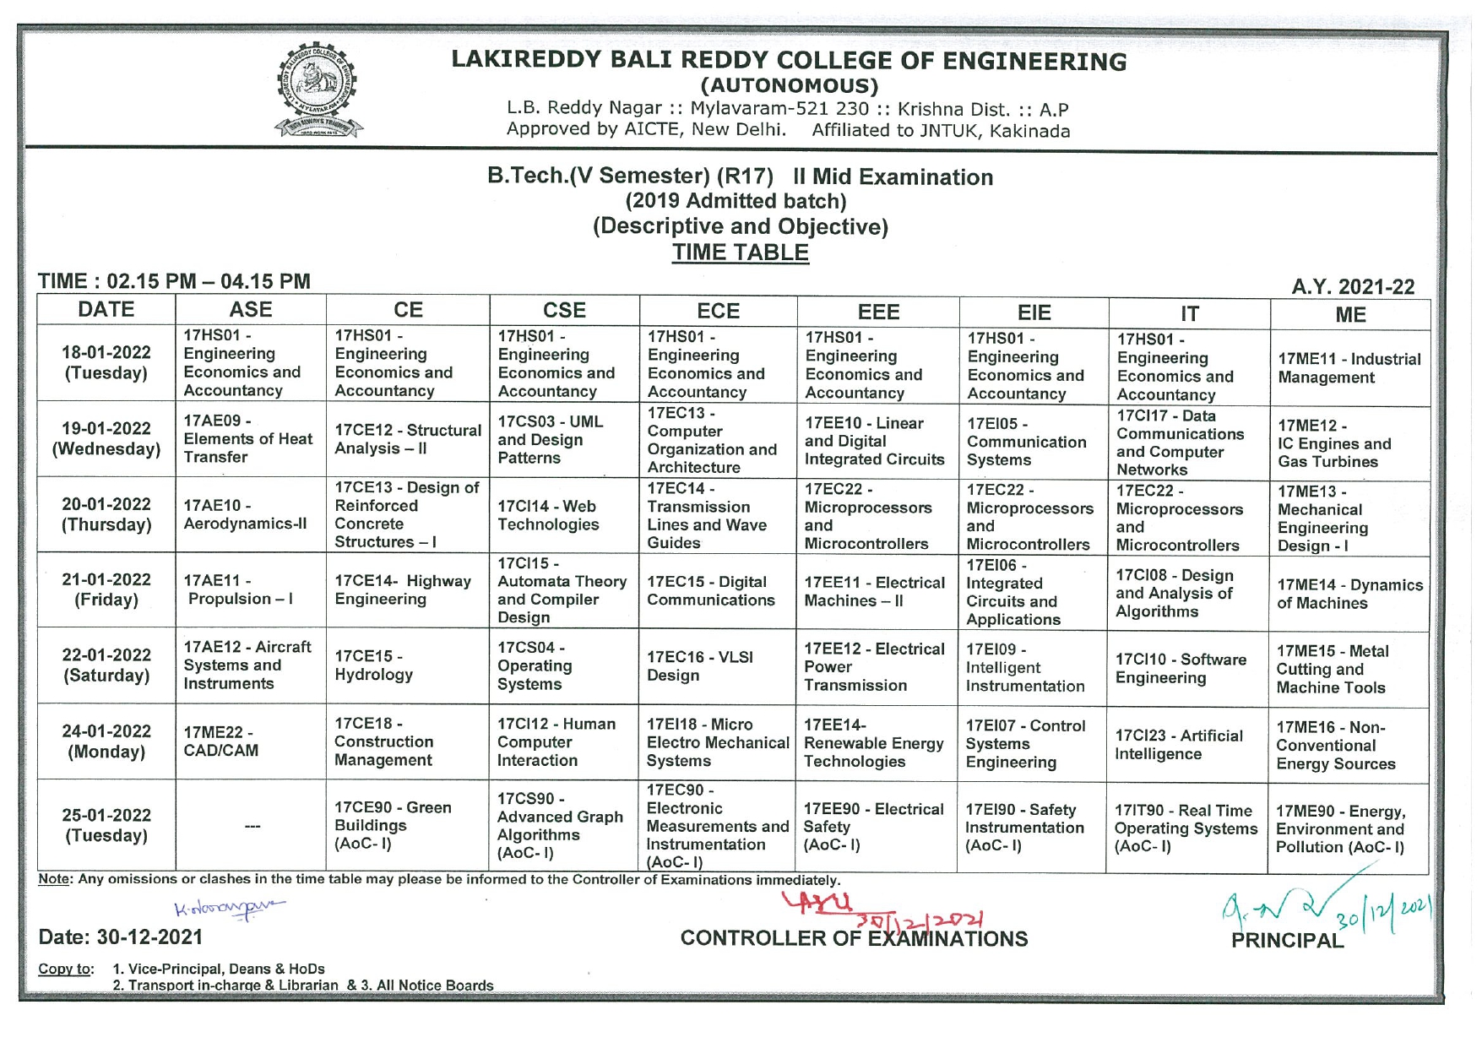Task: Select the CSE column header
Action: (564, 311)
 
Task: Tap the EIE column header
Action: (1034, 313)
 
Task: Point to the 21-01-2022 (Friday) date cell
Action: (106, 589)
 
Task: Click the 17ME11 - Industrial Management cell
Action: (1349, 368)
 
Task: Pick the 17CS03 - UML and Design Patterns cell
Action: (564, 440)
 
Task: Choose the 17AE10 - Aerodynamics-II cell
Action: (250, 514)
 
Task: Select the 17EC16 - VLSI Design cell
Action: (718, 665)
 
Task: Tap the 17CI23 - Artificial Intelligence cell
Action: (1186, 744)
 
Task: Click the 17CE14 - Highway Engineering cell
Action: (407, 589)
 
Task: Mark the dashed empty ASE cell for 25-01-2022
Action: (252, 826)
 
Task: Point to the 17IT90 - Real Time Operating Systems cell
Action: (1186, 828)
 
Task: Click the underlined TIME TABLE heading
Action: (740, 252)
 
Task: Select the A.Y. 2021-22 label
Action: (1353, 287)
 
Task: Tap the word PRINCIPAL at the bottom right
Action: (1286, 940)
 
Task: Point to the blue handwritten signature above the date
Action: (229, 908)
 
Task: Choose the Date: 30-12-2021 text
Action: (121, 937)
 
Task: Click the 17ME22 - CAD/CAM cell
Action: (250, 741)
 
